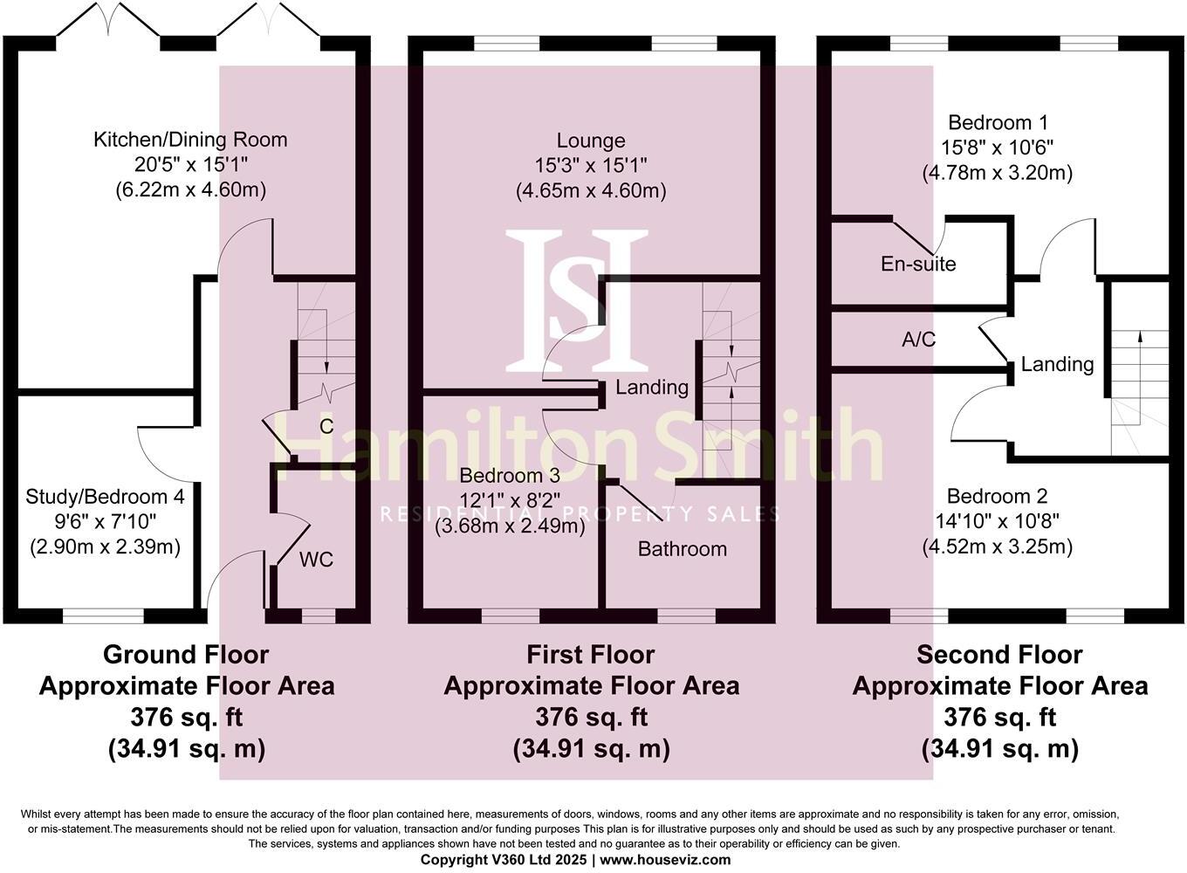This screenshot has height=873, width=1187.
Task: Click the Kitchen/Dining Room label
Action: click(x=190, y=140)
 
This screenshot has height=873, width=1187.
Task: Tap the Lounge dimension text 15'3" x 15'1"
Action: click(x=591, y=165)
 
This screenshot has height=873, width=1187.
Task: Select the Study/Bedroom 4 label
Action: click(x=105, y=497)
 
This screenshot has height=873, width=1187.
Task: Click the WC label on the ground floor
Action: click(x=316, y=560)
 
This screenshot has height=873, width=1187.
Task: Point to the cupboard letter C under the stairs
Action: click(x=326, y=427)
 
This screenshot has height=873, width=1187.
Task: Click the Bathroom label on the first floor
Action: click(x=682, y=549)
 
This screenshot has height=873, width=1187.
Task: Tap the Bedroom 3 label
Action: click(x=510, y=476)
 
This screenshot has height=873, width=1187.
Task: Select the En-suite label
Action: click(x=918, y=264)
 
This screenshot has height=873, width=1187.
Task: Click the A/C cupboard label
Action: click(x=918, y=340)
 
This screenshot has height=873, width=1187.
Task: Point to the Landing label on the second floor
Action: click(x=1057, y=364)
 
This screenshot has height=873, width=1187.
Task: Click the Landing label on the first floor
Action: click(x=652, y=387)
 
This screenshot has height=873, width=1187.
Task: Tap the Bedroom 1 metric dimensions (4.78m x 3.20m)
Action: click(x=997, y=173)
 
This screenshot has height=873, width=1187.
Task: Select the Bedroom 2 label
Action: click(x=997, y=497)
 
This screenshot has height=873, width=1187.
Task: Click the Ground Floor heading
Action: click(x=186, y=654)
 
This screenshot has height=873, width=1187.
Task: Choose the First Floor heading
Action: click(x=591, y=654)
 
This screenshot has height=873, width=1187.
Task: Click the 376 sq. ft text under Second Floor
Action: click(x=999, y=717)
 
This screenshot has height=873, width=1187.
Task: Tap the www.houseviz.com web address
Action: click(x=665, y=860)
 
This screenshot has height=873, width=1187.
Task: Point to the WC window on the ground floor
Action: click(x=318, y=616)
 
